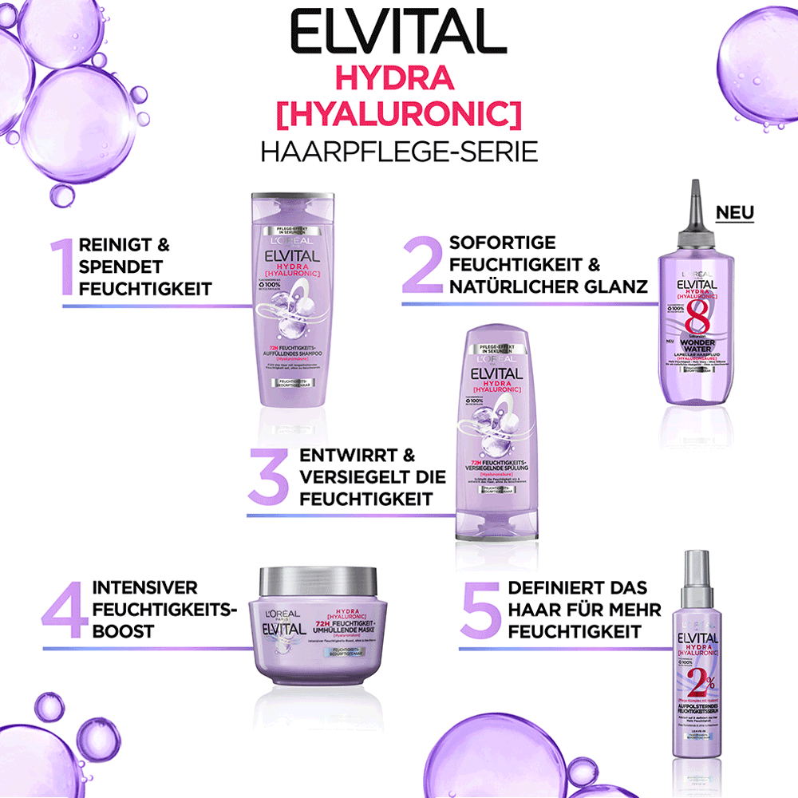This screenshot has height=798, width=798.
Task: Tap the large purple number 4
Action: (x=65, y=609)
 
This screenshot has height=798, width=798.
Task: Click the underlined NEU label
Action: (x=734, y=212)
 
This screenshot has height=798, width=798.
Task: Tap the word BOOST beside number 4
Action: (x=124, y=631)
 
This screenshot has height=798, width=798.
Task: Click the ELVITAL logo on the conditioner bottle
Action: (x=496, y=373)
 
